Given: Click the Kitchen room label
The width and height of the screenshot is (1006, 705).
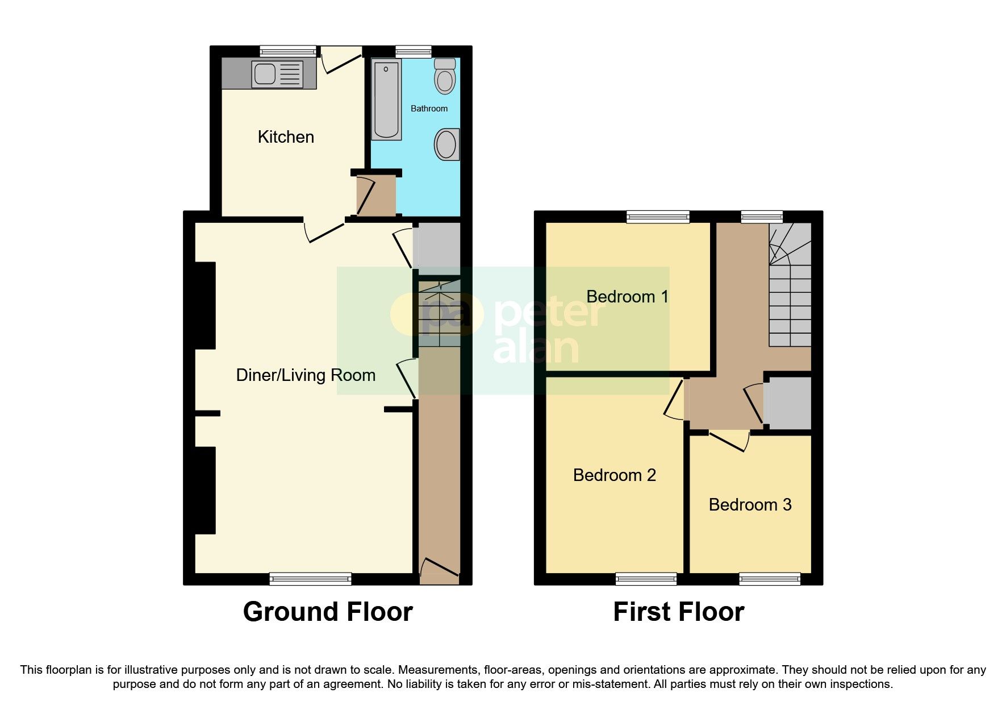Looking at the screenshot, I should click(x=286, y=137).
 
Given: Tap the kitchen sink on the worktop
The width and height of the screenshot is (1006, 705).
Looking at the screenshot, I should click(x=265, y=74).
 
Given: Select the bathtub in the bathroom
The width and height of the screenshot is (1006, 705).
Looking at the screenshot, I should click(x=386, y=100).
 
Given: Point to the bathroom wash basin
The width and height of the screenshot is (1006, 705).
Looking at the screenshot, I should click(x=446, y=144).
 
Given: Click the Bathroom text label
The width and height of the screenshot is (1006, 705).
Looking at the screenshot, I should click(x=429, y=109).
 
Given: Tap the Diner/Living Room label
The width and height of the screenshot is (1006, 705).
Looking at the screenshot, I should click(x=306, y=375).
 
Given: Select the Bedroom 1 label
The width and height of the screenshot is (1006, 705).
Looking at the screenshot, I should click(x=627, y=297).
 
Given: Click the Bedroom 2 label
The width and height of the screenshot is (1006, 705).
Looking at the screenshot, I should click(x=614, y=475).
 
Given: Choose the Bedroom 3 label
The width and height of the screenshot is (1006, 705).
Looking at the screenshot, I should click(x=750, y=505).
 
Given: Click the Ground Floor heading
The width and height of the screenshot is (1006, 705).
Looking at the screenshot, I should click(x=328, y=612).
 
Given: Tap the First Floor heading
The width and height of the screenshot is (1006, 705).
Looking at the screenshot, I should click(x=678, y=612).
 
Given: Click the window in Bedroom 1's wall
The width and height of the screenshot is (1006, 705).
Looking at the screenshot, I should click(x=658, y=217).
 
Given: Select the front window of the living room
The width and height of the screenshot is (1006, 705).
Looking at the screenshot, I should click(x=310, y=579).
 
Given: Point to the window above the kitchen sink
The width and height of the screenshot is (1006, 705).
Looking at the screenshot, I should click(x=288, y=51).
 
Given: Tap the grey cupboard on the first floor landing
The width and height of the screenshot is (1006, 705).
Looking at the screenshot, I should click(x=788, y=403).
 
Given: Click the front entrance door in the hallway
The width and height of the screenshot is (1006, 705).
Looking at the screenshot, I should click(x=439, y=569).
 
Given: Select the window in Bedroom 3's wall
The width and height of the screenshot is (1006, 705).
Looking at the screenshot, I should click(x=769, y=579).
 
